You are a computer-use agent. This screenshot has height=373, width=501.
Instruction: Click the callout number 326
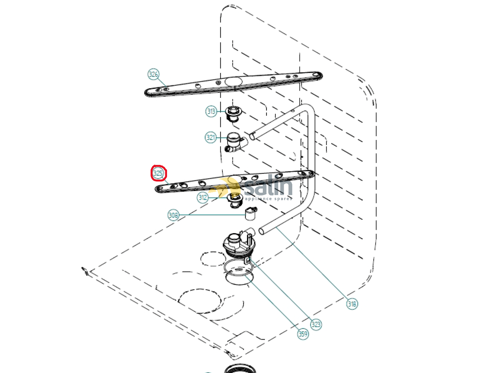153,74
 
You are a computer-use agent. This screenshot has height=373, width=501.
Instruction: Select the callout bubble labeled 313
211,111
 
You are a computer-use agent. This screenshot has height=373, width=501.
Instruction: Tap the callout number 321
210,138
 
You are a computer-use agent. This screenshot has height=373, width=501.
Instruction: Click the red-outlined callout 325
158,173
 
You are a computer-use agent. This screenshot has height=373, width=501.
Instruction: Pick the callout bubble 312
203,197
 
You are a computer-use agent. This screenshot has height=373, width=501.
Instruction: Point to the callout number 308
173,215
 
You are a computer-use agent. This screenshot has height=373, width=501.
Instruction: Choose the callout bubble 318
352,304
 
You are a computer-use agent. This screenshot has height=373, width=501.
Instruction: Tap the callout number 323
316,324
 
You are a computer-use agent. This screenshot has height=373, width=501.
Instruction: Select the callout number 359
303,334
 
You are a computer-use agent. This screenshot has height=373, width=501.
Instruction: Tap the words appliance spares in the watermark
269,199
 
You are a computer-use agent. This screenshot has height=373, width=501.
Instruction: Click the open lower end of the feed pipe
261,231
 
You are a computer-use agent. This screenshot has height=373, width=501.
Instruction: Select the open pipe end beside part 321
252,137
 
